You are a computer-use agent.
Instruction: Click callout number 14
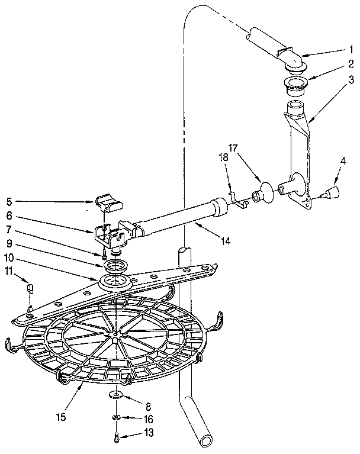click(x=226, y=240)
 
